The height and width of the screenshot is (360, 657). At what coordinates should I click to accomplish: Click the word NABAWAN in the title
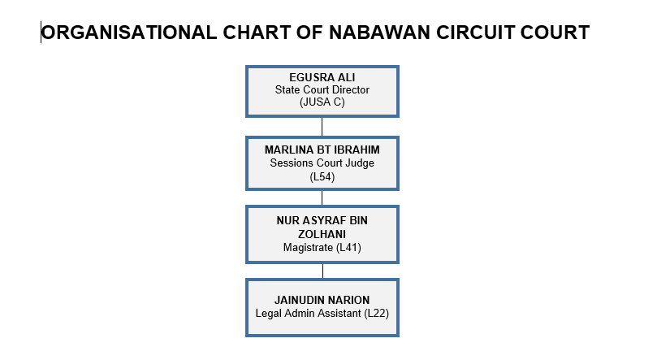(x=379, y=33)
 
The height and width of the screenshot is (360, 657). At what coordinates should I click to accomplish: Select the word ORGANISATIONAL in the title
(x=129, y=33)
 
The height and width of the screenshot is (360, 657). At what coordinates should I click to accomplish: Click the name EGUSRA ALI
(x=322, y=77)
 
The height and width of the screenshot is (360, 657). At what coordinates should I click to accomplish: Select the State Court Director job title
(x=322, y=89)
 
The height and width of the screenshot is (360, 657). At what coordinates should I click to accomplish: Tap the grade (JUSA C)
(x=322, y=102)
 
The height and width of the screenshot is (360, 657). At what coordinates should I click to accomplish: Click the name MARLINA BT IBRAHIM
(x=322, y=150)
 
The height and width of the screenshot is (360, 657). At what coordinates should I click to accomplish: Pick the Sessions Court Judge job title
(x=322, y=163)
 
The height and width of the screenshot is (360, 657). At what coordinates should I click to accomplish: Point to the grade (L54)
(x=322, y=176)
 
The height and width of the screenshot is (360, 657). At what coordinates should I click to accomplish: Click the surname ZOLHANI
(x=322, y=234)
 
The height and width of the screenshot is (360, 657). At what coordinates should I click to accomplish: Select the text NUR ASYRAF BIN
(x=322, y=220)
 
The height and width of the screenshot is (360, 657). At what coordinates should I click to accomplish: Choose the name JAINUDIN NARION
(x=322, y=300)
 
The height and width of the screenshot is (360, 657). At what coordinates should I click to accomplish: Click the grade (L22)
(x=376, y=313)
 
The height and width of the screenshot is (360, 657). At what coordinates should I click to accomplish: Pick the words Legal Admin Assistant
(x=308, y=313)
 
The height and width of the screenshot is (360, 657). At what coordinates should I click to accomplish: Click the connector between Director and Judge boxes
(x=322, y=127)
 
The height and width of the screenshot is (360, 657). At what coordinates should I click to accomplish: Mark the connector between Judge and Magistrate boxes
(x=322, y=197)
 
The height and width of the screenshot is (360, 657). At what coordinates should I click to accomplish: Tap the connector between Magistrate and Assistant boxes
(x=322, y=271)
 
